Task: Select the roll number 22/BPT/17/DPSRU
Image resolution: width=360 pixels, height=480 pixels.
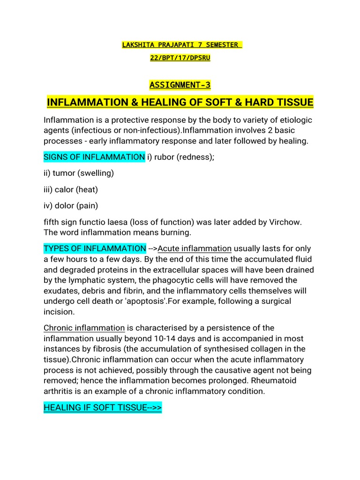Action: pyautogui.click(x=180, y=59)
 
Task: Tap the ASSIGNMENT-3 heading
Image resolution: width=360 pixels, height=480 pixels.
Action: pyautogui.click(x=180, y=85)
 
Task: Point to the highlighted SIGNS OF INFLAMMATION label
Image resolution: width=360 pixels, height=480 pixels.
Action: pyautogui.click(x=94, y=157)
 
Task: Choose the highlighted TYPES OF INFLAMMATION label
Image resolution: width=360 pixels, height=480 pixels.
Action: pyautogui.click(x=95, y=248)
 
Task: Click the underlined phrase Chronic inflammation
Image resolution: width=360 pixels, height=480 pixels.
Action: pyautogui.click(x=84, y=328)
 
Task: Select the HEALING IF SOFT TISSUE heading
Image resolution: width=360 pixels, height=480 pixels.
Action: pyautogui.click(x=103, y=407)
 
